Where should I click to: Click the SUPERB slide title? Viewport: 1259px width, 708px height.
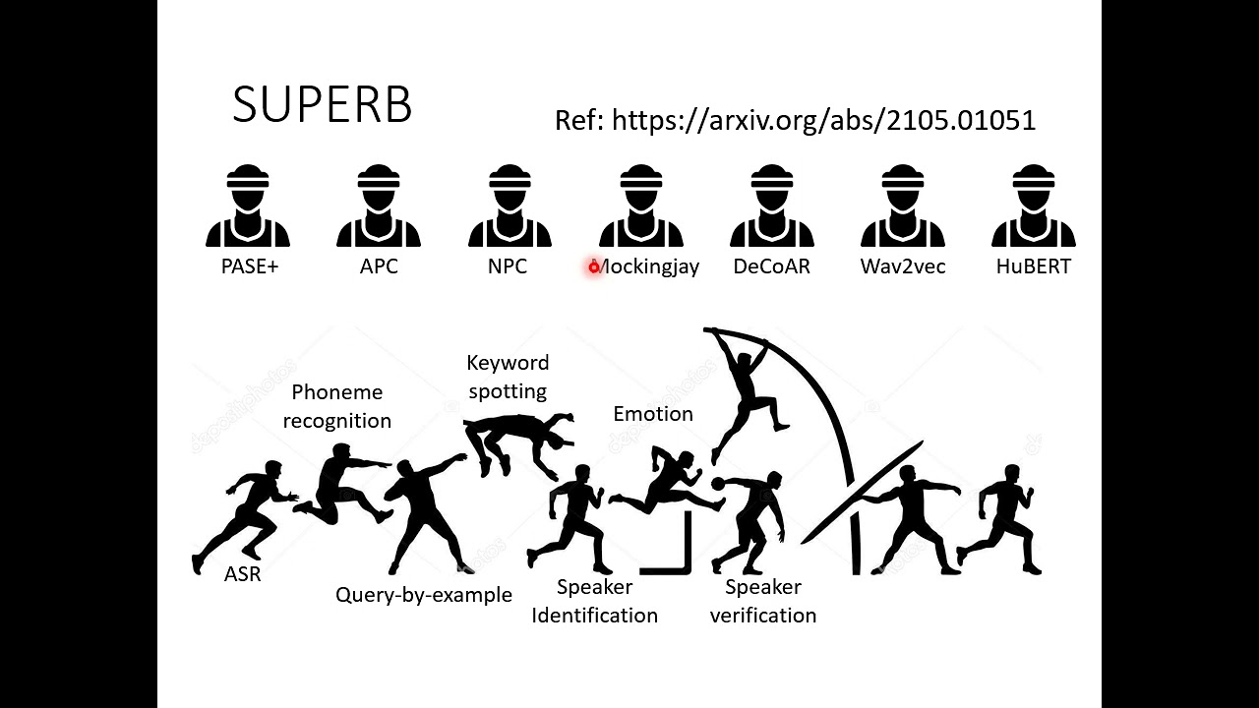click(x=322, y=104)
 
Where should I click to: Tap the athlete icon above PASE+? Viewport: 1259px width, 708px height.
click(x=248, y=206)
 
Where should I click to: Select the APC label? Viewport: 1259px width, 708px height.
click(x=379, y=266)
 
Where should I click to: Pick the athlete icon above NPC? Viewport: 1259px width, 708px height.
click(x=510, y=206)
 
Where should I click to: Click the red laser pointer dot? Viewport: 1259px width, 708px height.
click(x=594, y=266)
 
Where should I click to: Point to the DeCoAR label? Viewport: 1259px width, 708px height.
click(x=771, y=266)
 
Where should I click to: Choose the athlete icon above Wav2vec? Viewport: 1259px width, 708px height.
click(x=902, y=206)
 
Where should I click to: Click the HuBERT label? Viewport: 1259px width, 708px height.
click(x=1033, y=266)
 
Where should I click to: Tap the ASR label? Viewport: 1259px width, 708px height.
click(x=243, y=574)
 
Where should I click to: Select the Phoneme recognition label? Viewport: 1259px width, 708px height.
click(x=337, y=406)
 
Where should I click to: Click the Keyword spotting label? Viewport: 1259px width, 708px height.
click(x=508, y=377)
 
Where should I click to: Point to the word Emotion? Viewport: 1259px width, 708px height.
click(x=653, y=414)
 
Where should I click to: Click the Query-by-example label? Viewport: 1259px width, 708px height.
click(x=424, y=595)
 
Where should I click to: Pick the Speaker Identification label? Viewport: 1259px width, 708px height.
click(x=594, y=601)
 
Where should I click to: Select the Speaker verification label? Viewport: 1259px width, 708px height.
click(x=763, y=601)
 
